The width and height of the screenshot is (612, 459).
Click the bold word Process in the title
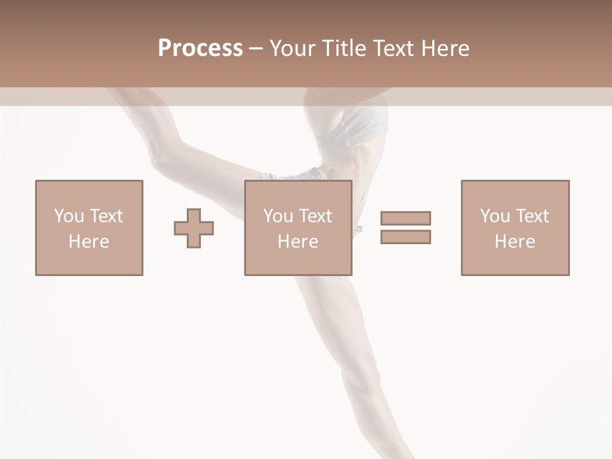[x=200, y=48]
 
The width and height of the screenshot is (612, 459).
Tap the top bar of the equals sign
[x=405, y=218]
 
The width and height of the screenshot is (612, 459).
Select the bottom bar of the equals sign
[x=405, y=237]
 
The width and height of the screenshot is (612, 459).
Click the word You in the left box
[x=69, y=216]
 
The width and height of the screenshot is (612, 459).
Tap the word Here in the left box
[x=89, y=242]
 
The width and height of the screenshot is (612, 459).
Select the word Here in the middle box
[x=298, y=242]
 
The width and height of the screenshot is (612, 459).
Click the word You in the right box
[x=495, y=216]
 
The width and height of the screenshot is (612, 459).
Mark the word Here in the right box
[x=514, y=242]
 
